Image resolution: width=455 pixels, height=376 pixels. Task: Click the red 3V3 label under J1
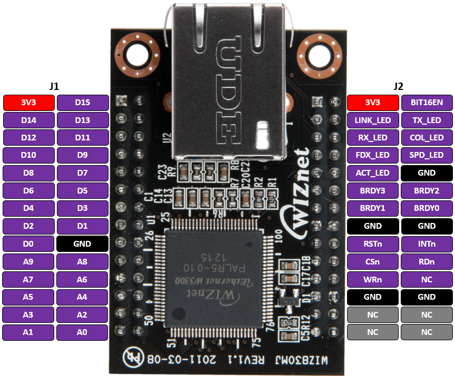pyautogui.click(x=29, y=103)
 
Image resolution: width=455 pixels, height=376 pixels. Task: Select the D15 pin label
pyautogui.click(x=83, y=103)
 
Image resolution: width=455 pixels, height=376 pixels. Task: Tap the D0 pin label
pyautogui.click(x=29, y=243)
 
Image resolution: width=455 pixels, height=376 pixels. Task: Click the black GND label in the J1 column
pyautogui.click(x=83, y=243)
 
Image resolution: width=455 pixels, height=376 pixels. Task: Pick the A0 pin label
pyautogui.click(x=83, y=332)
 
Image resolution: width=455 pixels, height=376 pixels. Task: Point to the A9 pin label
pyautogui.click(x=29, y=261)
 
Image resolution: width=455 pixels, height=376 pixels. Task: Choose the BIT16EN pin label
pyautogui.click(x=427, y=103)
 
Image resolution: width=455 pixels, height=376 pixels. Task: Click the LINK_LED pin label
pyautogui.click(x=373, y=120)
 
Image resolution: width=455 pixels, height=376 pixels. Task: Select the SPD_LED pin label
pyautogui.click(x=427, y=155)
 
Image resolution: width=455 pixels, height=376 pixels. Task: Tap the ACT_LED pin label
pyautogui.click(x=373, y=173)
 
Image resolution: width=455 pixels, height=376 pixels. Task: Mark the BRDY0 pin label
pyautogui.click(x=427, y=208)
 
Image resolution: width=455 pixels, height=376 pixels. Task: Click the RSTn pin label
pyautogui.click(x=373, y=244)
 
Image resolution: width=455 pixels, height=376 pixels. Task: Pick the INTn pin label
pyautogui.click(x=427, y=244)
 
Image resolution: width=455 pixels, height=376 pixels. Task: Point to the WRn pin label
pyautogui.click(x=373, y=279)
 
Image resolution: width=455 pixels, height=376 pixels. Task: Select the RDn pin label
pyautogui.click(x=427, y=261)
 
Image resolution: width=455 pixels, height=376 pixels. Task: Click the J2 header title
pyautogui.click(x=399, y=86)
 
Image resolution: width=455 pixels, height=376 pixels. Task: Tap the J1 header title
pyautogui.click(x=54, y=86)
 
